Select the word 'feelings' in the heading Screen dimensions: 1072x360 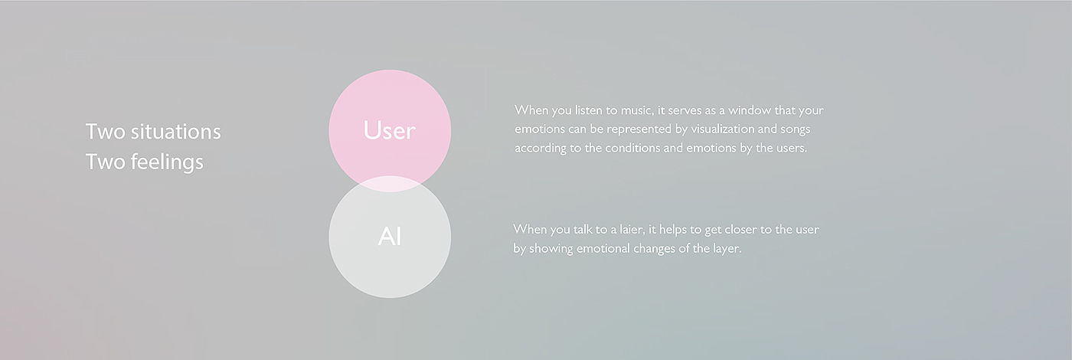click(167, 162)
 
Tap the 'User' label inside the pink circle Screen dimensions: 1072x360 click(389, 130)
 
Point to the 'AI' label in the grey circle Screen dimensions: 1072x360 click(390, 237)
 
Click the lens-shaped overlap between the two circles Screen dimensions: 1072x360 click(390, 184)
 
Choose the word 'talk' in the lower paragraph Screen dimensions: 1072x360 click(583, 230)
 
